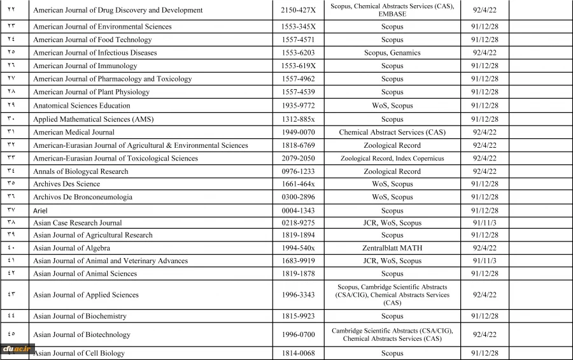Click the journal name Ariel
[x=40, y=210]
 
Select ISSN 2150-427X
[x=299, y=10]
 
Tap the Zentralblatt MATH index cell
[x=392, y=248]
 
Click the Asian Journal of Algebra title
[x=71, y=248]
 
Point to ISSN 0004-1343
[x=299, y=210]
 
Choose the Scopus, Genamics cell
[x=392, y=53]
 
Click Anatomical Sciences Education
[x=81, y=106]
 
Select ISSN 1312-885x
[x=299, y=119]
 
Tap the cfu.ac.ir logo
[x=17, y=349]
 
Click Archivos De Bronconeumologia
[x=83, y=197]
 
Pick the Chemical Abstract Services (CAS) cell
[x=392, y=133]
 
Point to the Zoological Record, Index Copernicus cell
[x=392, y=159]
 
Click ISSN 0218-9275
[x=299, y=223]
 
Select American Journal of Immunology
[x=85, y=66]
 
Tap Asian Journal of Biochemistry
[x=80, y=316]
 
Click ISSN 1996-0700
[x=299, y=335]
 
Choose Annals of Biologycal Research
[x=81, y=171]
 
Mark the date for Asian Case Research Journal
[x=485, y=223]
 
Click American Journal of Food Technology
[x=92, y=40]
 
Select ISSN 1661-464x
[x=299, y=184]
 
